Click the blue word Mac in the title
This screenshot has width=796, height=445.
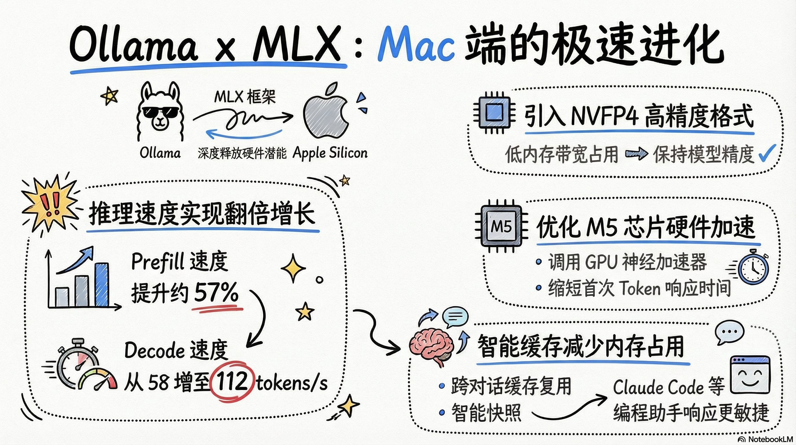click(416, 45)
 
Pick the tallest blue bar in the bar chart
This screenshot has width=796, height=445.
click(102, 284)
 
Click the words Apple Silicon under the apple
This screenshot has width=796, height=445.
click(330, 153)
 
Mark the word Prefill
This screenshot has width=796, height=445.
click(158, 262)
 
